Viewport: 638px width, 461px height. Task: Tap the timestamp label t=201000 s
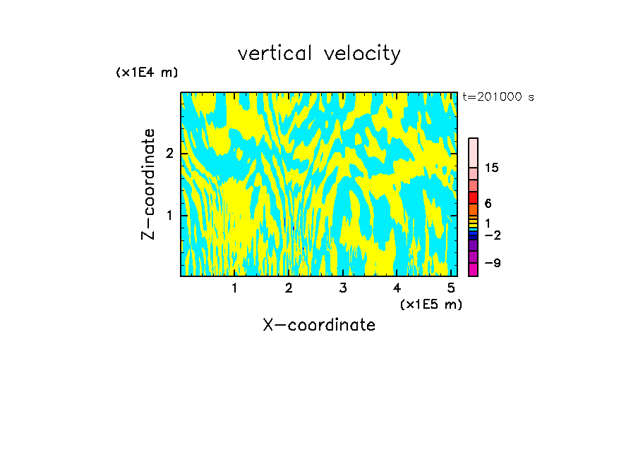point(498,97)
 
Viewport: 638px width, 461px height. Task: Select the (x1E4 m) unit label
point(147,72)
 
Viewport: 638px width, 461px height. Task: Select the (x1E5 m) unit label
point(431,305)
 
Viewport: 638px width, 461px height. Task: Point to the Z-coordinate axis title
point(148,184)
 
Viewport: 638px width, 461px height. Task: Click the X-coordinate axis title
point(319,325)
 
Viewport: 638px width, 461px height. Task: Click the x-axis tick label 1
point(234,288)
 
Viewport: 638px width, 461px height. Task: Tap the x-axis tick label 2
point(289,288)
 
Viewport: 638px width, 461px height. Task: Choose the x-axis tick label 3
point(343,288)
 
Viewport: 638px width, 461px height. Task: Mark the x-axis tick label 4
point(397,288)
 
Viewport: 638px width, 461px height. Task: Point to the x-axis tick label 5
point(451,288)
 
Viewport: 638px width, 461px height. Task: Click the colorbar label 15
point(492,168)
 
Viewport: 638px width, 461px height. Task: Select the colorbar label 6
point(488,204)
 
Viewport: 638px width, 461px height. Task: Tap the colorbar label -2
point(492,235)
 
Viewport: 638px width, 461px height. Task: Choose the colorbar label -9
point(492,263)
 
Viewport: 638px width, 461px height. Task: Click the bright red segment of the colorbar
point(473,197)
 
